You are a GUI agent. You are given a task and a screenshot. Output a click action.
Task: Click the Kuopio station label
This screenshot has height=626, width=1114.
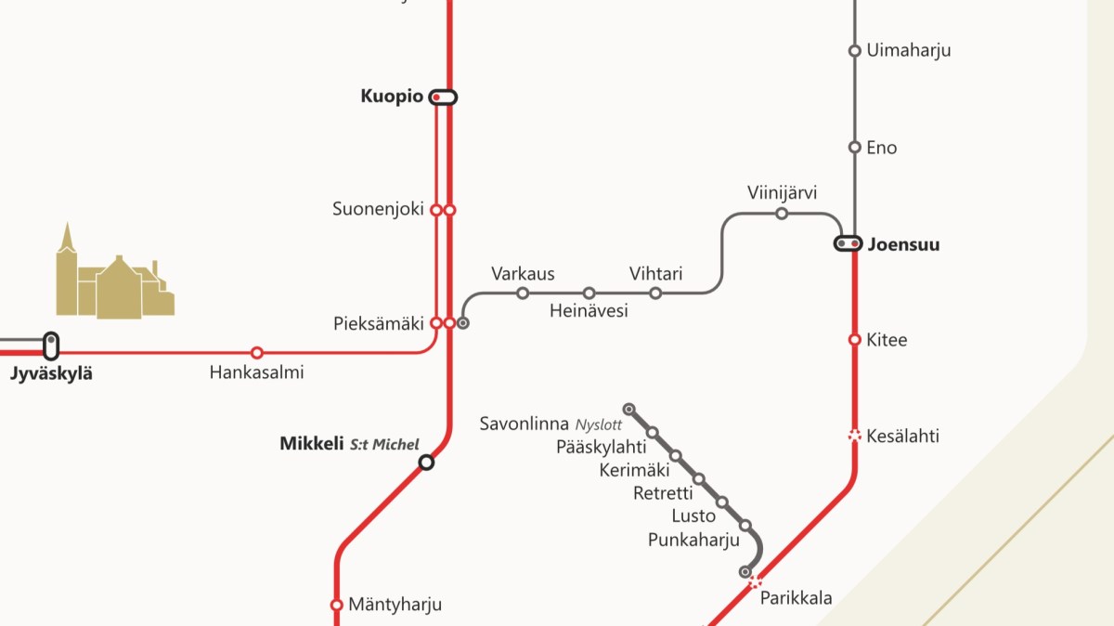coord(391,97)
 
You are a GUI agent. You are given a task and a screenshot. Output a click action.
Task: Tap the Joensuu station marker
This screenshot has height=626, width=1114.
coord(848,244)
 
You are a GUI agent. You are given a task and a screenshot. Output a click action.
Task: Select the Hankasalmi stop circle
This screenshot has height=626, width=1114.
coord(257,353)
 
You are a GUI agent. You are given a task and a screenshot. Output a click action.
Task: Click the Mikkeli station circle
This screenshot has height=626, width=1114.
coord(426,462)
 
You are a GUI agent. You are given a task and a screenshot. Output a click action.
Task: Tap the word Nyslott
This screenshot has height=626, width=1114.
coord(598,424)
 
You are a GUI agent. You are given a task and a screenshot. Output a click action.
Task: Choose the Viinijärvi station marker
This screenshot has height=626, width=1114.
coord(782,214)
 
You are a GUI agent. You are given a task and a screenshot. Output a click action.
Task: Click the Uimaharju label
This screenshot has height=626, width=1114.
coord(908,50)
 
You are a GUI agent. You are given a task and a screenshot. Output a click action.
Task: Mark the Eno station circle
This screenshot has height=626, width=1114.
coord(855,147)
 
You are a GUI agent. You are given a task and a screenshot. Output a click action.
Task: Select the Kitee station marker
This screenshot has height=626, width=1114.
coord(855,340)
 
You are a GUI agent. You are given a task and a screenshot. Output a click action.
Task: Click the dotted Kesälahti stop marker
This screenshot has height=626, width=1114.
coord(855,435)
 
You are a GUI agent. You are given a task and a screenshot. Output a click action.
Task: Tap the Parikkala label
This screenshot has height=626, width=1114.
coord(796,598)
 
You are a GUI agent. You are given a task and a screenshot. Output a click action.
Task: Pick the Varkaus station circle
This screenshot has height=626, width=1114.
coord(523,293)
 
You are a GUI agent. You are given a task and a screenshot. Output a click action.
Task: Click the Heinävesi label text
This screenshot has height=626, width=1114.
coord(589,311)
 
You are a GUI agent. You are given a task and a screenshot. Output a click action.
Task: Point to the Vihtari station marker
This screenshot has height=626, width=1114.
coord(655,293)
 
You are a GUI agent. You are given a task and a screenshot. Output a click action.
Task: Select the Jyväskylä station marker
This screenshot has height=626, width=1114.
coord(51,346)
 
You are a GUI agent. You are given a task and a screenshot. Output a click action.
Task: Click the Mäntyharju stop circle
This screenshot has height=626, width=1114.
coord(337,605)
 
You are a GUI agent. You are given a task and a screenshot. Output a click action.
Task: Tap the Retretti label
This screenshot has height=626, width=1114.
coord(663,493)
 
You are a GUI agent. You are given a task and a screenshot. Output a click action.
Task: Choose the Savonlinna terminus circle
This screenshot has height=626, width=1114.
coord(628,409)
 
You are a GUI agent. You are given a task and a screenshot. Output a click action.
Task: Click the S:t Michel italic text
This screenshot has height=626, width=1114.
coord(384,445)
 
